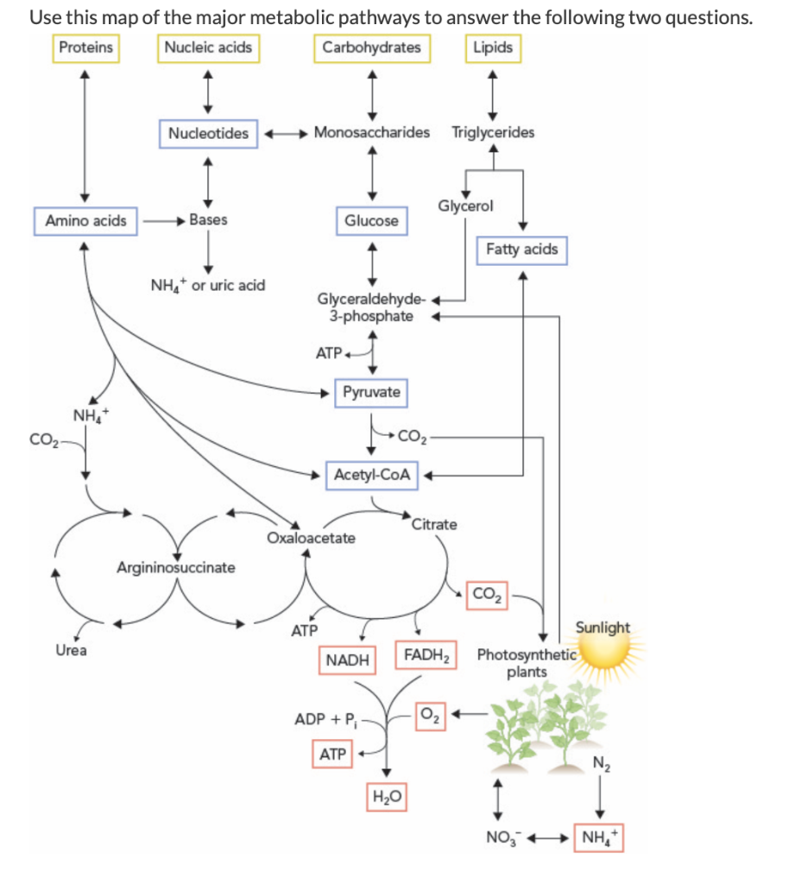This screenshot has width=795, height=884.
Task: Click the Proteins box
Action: pyautogui.click(x=85, y=47)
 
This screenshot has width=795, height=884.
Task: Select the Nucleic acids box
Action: pyautogui.click(x=210, y=47)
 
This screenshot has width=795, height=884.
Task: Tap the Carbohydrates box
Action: pyautogui.click(x=371, y=47)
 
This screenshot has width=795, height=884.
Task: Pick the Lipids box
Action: pyautogui.click(x=493, y=47)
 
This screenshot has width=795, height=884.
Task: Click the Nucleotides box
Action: pyautogui.click(x=208, y=133)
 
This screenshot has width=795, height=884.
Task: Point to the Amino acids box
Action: pyautogui.click(x=85, y=221)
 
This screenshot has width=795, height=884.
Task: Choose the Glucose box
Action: pyautogui.click(x=371, y=221)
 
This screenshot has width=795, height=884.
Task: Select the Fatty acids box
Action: pyautogui.click(x=521, y=249)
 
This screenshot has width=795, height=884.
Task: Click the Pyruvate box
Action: pyautogui.click(x=371, y=392)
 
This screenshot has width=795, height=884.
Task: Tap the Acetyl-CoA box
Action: pyautogui.click(x=371, y=475)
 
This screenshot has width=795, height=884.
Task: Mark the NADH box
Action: pyautogui.click(x=347, y=660)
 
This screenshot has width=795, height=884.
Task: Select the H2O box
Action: pyautogui.click(x=388, y=795)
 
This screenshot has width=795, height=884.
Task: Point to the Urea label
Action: pyautogui.click(x=71, y=650)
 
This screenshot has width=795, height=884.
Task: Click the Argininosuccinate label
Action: pyautogui.click(x=175, y=567)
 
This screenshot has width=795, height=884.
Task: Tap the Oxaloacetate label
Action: pyautogui.click(x=311, y=538)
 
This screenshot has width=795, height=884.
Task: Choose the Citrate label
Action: pyautogui.click(x=435, y=524)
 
